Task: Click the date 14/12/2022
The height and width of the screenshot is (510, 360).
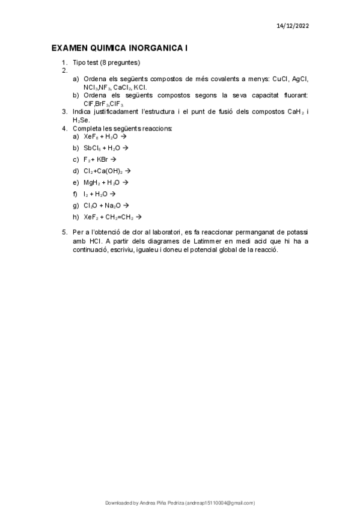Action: [293, 26]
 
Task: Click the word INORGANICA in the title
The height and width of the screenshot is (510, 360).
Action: [154, 48]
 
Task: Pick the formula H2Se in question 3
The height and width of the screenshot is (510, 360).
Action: [80, 120]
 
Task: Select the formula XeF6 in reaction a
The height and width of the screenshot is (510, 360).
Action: [91, 137]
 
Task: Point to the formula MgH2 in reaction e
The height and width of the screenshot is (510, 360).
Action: [93, 182]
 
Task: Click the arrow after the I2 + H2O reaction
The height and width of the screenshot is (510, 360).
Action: [112, 194]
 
